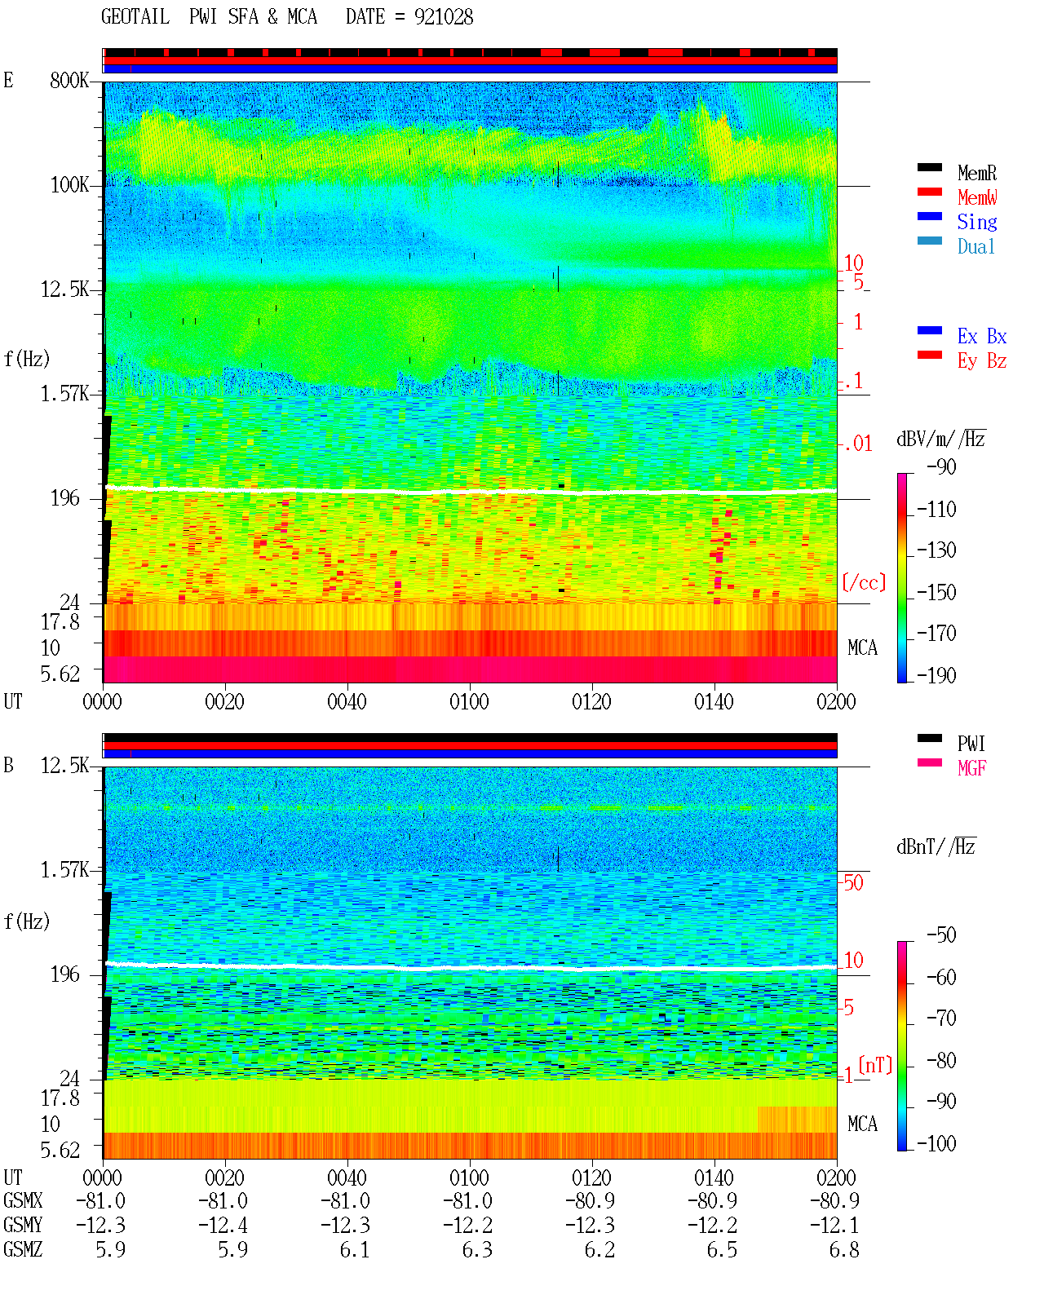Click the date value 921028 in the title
[444, 17]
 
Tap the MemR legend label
[977, 173]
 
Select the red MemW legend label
[977, 197]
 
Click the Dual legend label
[976, 246]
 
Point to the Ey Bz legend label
[982, 360]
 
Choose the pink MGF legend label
[972, 768]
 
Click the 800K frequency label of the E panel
[69, 80]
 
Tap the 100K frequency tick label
[69, 185]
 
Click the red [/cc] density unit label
[864, 582]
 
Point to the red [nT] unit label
[875, 1065]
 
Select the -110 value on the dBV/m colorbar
[936, 510]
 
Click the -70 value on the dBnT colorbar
[941, 1018]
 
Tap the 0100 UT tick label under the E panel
[469, 701]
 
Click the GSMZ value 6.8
[843, 1249]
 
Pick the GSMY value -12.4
[223, 1226]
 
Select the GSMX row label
[23, 1200]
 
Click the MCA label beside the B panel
[862, 1124]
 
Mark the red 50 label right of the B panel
[853, 882]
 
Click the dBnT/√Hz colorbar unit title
[936, 846]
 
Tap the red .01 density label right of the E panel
[858, 444]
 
